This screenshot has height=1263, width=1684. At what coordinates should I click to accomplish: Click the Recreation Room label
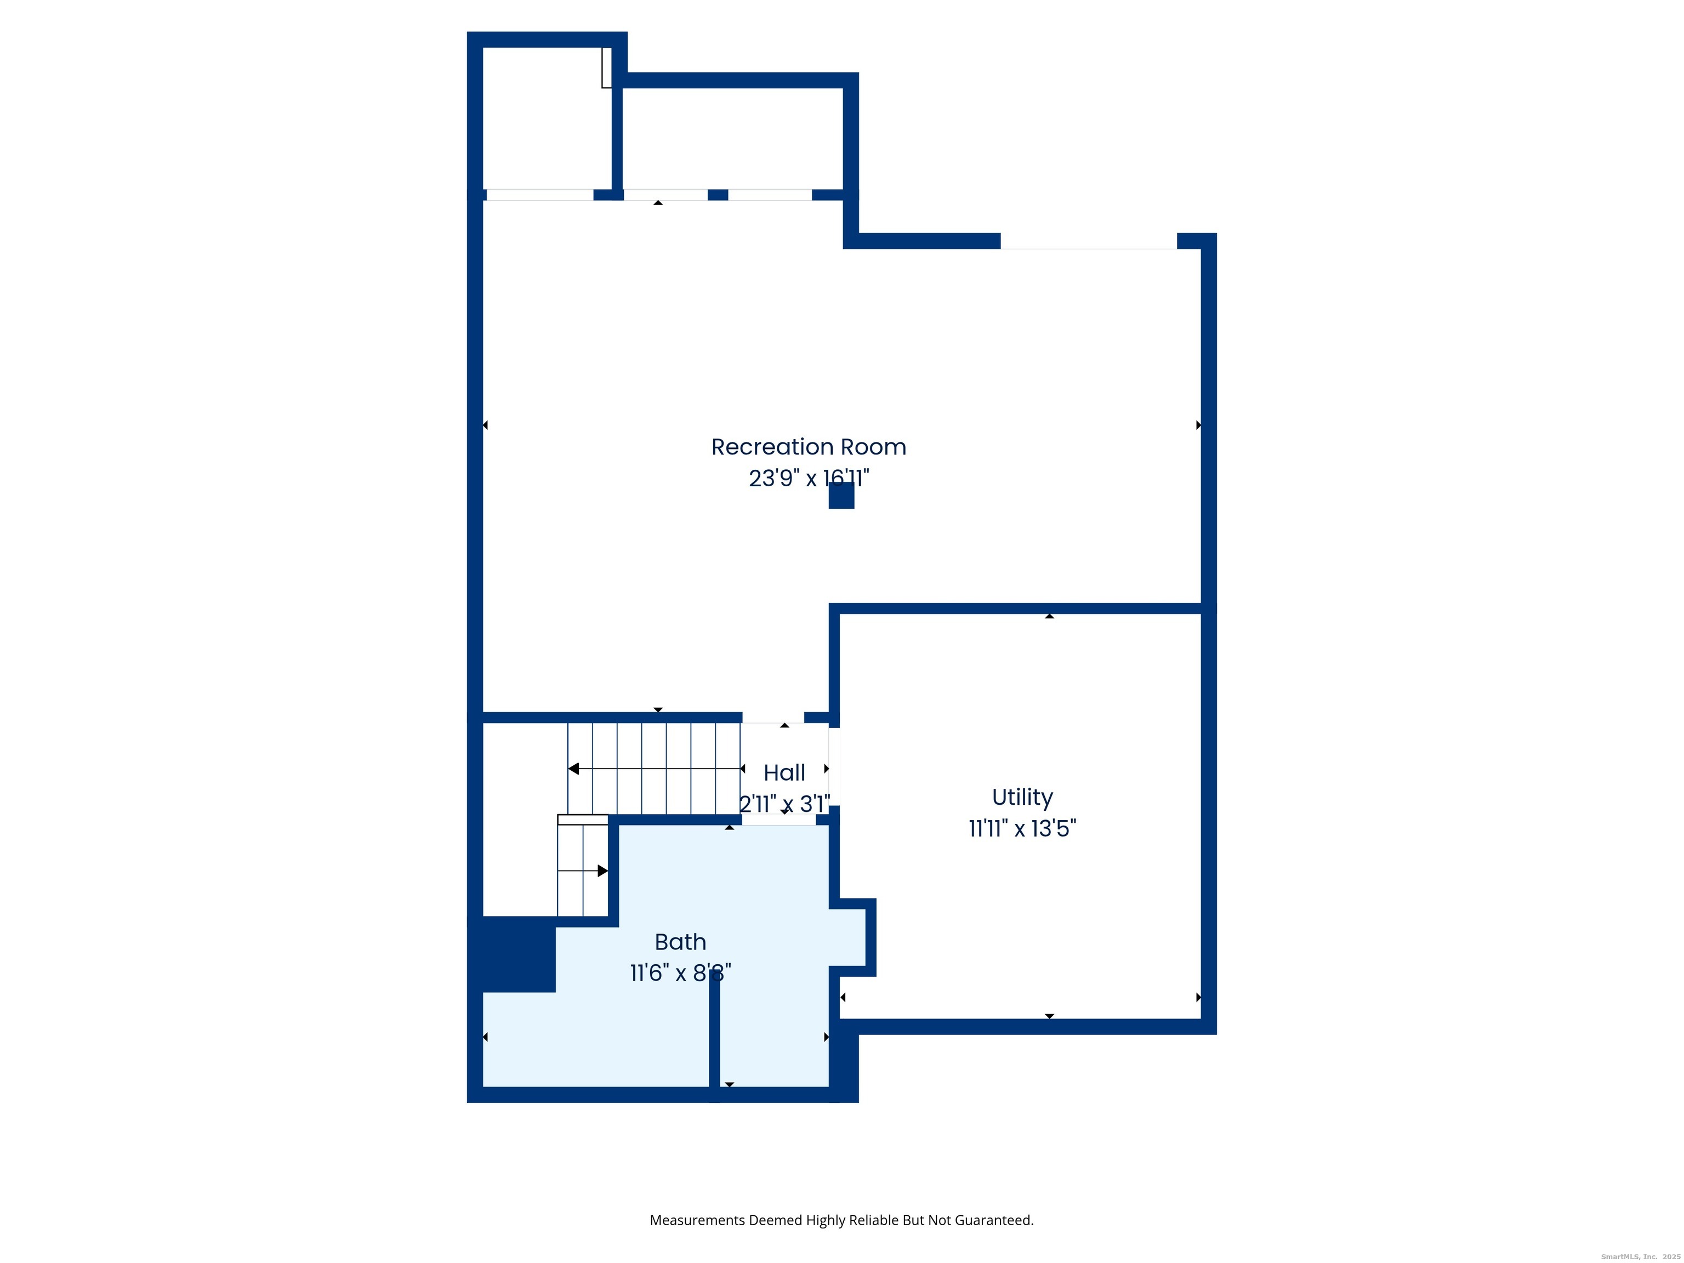click(809, 447)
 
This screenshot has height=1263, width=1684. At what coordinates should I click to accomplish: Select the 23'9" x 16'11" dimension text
click(809, 478)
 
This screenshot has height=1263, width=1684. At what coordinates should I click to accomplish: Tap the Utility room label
click(1022, 797)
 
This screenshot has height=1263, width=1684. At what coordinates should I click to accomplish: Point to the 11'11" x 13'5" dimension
click(1022, 828)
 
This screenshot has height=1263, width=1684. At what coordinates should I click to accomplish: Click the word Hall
click(784, 773)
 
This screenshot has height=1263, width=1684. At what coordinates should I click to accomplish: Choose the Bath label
click(680, 942)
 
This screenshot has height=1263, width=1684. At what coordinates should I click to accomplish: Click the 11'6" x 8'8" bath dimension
click(680, 973)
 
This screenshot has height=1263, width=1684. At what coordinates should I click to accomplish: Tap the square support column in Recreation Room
click(841, 496)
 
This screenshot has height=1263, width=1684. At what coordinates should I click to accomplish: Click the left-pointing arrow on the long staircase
click(574, 769)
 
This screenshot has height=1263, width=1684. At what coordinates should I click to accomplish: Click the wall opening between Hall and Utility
click(834, 767)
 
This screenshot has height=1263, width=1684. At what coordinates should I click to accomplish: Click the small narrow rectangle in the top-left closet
click(607, 67)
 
